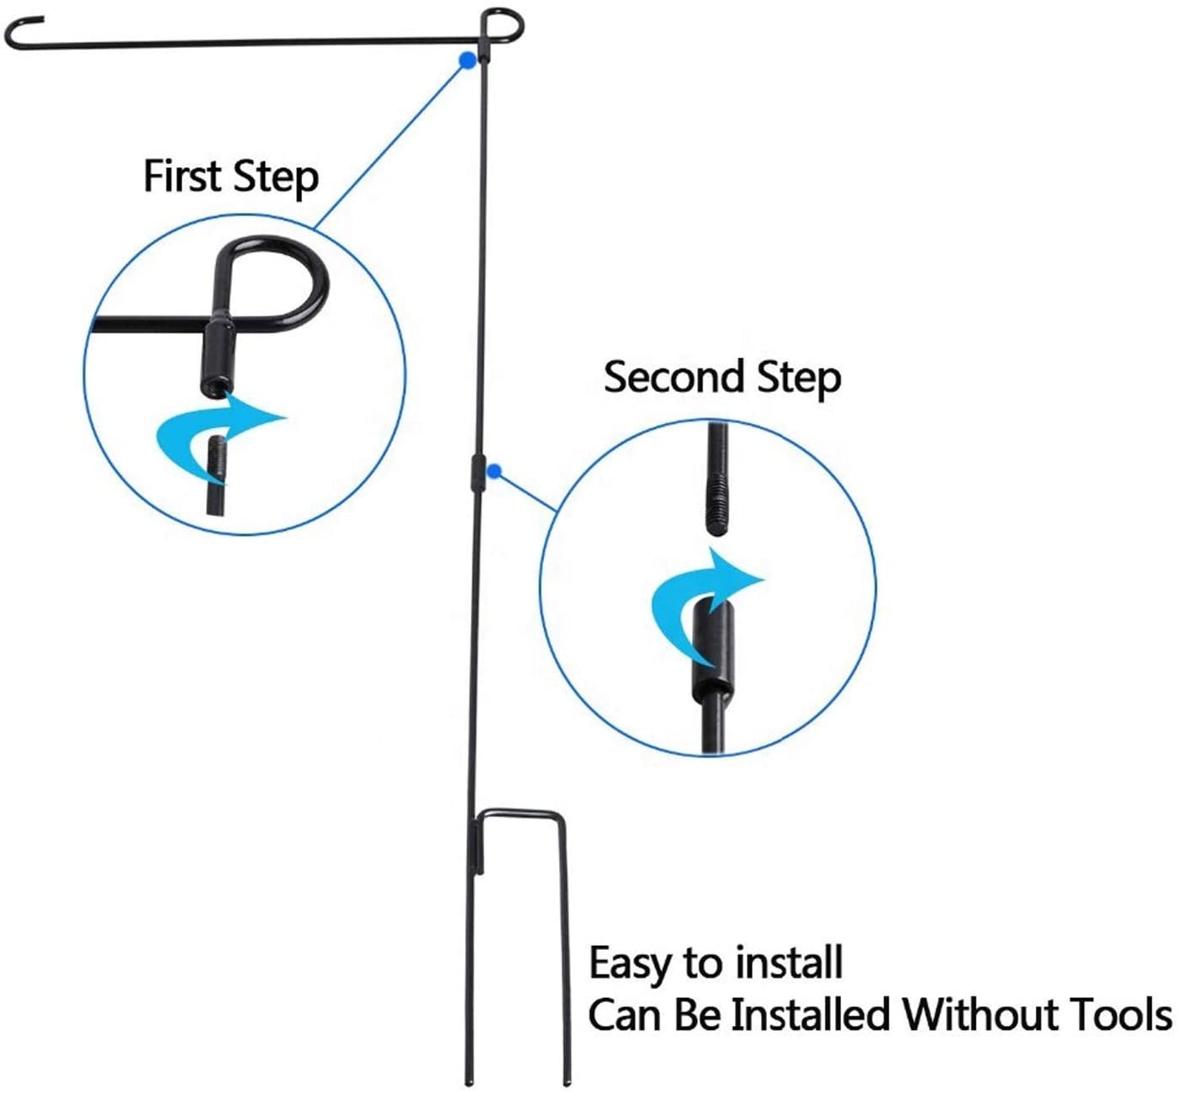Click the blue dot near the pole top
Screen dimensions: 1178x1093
[x=468, y=61]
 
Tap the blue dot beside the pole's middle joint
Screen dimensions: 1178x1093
[x=494, y=472]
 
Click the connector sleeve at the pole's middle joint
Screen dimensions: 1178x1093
[x=478, y=474]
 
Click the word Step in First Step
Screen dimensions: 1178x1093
[x=276, y=178]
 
